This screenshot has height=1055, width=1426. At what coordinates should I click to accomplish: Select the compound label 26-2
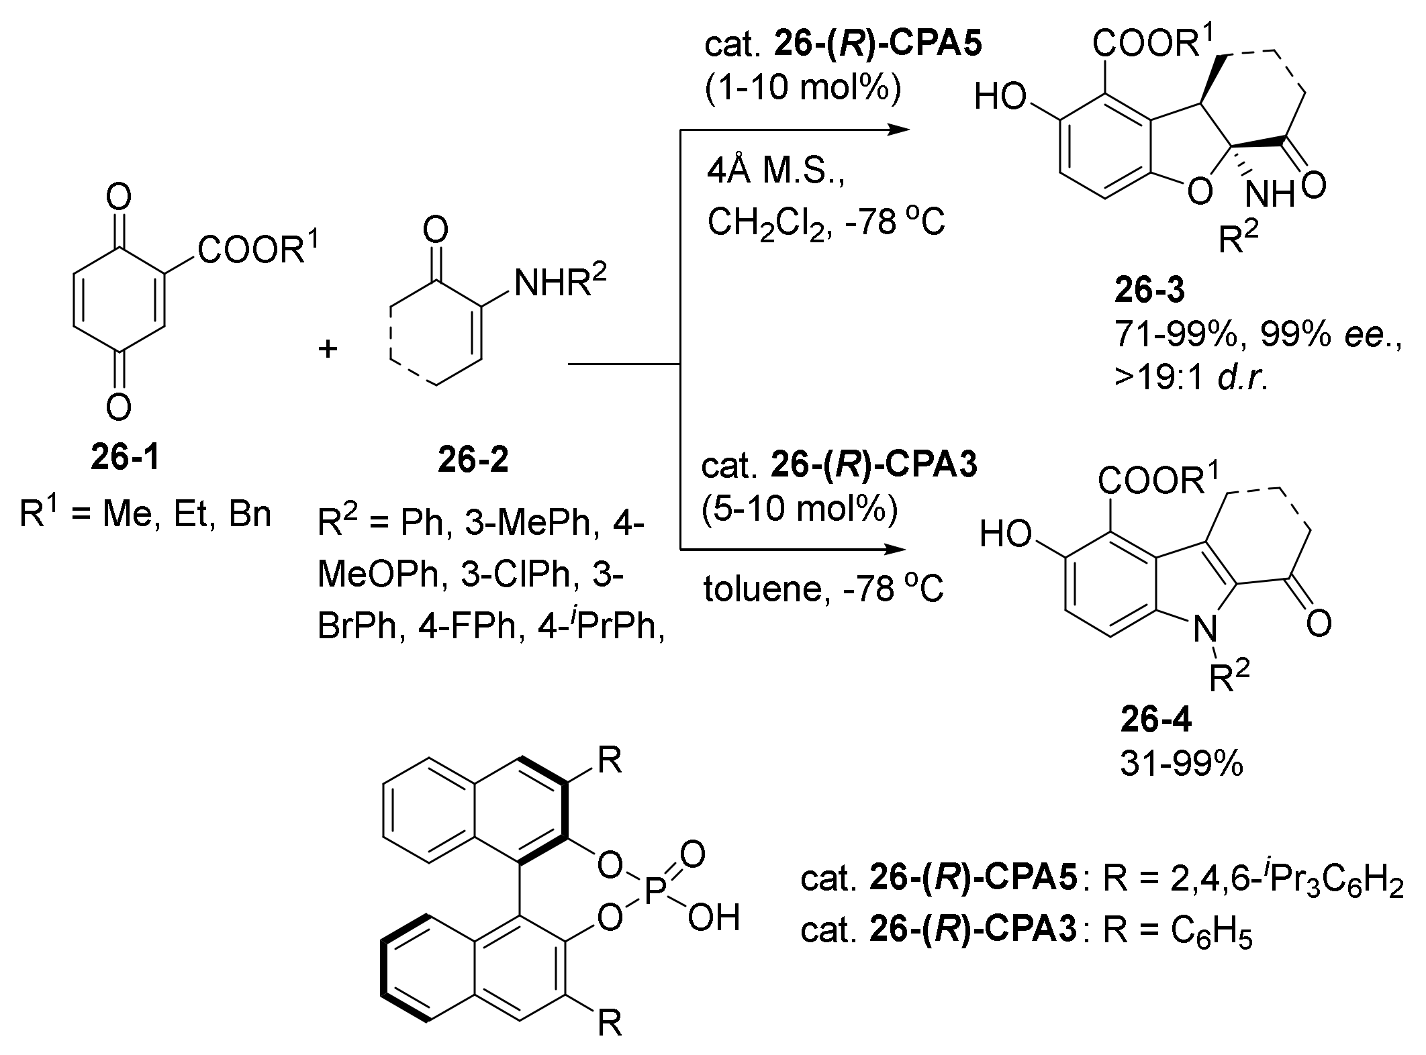tap(473, 460)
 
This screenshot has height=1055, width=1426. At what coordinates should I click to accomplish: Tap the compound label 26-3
tap(1149, 290)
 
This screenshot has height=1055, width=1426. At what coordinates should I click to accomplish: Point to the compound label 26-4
tap(1156, 719)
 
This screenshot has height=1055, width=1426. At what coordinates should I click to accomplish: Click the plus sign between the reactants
tap(328, 349)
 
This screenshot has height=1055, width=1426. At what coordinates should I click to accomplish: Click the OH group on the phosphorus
tap(713, 918)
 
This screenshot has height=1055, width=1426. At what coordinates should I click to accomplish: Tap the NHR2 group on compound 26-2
tap(560, 283)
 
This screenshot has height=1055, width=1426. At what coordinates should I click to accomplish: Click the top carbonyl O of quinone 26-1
tap(119, 199)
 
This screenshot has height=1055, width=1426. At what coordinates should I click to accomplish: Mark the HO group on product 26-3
tap(1000, 97)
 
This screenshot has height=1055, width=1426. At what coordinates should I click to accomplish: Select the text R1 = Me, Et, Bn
tap(146, 515)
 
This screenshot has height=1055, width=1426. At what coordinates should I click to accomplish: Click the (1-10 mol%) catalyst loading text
tap(802, 89)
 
